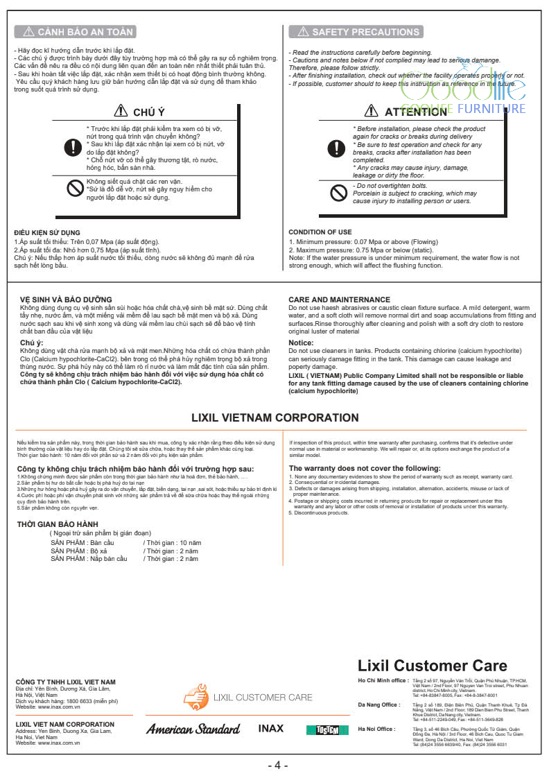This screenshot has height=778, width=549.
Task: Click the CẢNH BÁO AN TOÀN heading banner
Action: [x=75, y=32]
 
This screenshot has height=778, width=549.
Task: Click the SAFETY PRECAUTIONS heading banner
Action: [x=356, y=32]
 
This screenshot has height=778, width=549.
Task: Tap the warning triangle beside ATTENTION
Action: [x=371, y=112]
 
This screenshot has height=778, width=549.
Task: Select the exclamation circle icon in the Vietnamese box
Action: [x=72, y=147]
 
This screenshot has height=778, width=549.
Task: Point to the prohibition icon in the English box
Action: [x=338, y=193]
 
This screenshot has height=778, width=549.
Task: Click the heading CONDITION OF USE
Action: [x=320, y=232]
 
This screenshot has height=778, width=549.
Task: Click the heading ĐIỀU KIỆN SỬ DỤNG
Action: [x=47, y=232]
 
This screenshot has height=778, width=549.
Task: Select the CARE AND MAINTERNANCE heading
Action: [x=339, y=300]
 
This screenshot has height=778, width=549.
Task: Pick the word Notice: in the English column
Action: [x=301, y=343]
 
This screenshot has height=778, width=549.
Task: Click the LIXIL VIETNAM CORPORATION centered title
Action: [x=274, y=417]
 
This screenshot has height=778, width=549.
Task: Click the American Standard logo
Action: [x=193, y=729]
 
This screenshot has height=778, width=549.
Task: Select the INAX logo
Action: [x=271, y=729]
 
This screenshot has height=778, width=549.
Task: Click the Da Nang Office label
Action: [x=378, y=704]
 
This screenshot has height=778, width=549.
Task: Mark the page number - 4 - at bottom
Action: [x=277, y=766]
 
